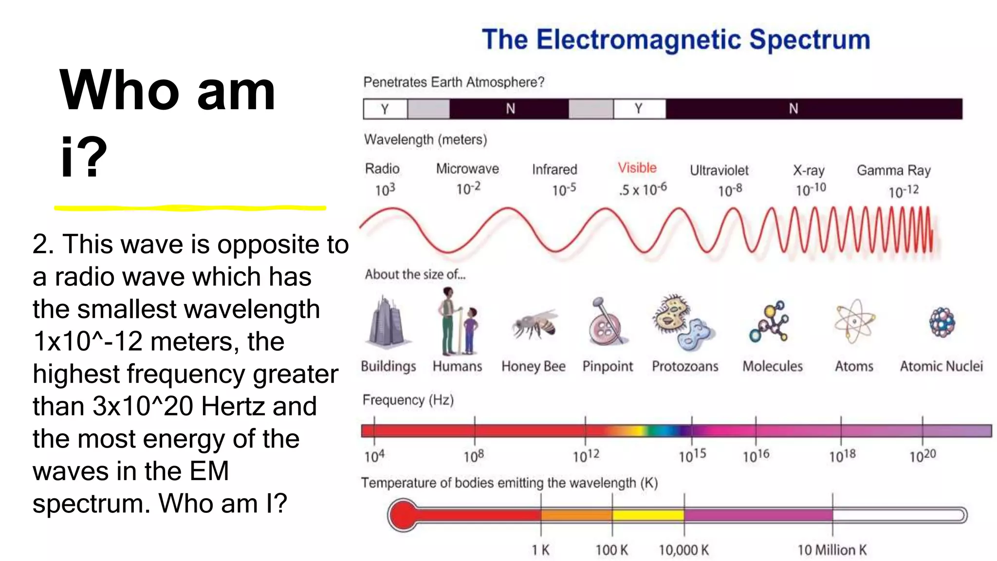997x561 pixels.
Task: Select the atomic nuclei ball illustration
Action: pos(942,322)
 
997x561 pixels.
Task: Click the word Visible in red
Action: pos(637,168)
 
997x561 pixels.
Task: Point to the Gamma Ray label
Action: pos(893,170)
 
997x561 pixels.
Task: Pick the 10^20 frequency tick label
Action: pos(923,456)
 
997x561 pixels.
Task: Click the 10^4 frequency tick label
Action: pos(374,456)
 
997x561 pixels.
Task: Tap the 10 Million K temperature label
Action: pos(831,550)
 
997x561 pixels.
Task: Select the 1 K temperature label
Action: pos(540,550)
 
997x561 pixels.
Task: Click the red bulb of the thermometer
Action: pos(403,515)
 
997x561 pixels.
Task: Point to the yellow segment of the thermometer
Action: pos(648,515)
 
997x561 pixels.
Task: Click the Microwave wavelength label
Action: pos(467,169)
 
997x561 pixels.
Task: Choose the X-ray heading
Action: pos(808,170)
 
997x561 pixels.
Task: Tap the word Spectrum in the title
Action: pos(809,39)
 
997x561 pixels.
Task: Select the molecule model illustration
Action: pos(770,322)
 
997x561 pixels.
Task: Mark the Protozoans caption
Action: pos(685,366)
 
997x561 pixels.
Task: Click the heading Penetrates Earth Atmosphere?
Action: pos(454,82)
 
